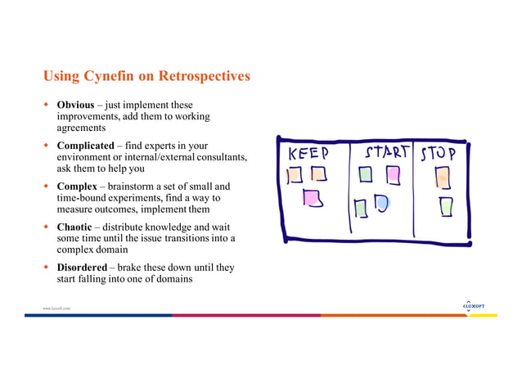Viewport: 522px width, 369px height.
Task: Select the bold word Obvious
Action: click(75, 106)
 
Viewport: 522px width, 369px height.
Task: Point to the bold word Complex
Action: click(77, 185)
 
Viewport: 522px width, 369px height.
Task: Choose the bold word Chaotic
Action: click(75, 226)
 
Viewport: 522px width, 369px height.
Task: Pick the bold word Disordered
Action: click(82, 268)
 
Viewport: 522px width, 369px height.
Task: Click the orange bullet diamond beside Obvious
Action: click(47, 106)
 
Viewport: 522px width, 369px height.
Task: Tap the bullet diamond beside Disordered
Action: click(47, 268)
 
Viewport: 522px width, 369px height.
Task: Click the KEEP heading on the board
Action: click(308, 155)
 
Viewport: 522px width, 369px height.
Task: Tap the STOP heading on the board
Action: click(443, 153)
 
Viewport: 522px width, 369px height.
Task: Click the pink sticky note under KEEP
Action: click(311, 197)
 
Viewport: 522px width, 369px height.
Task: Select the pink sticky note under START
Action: click(394, 174)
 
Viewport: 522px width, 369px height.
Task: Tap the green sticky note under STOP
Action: click(445, 205)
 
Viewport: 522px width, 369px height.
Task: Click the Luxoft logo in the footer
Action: click(474, 306)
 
